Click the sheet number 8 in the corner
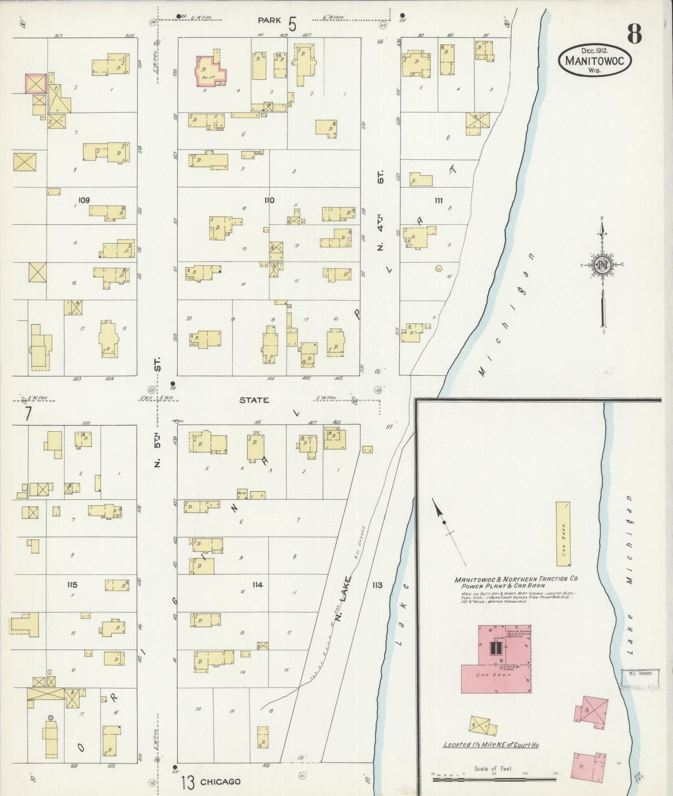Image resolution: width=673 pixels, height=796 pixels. coord(634,34)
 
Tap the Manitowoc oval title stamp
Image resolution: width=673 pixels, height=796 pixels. coord(594,60)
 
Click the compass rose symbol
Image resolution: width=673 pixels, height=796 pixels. coord(602,266)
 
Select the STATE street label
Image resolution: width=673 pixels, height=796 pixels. coord(254,400)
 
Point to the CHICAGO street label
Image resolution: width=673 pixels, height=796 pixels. coord(220,782)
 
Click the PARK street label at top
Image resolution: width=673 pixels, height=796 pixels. coord(270,20)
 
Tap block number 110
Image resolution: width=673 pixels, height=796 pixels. coord(269,200)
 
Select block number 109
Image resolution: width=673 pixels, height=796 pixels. coord(84,200)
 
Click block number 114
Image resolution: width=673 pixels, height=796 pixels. coord(258,585)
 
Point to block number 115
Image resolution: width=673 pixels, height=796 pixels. coord(72,585)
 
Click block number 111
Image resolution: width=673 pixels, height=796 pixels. coord(438,201)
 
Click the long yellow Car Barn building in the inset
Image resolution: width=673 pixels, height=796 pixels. coord(563,534)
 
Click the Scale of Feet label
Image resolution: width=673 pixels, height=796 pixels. coord(493,769)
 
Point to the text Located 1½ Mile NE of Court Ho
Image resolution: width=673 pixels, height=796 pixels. coord(490,745)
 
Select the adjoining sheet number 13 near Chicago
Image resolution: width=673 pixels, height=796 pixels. coord(187,782)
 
